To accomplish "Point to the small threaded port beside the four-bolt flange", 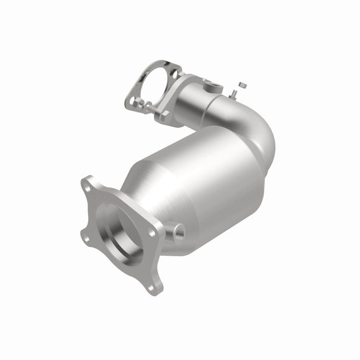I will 178,232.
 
